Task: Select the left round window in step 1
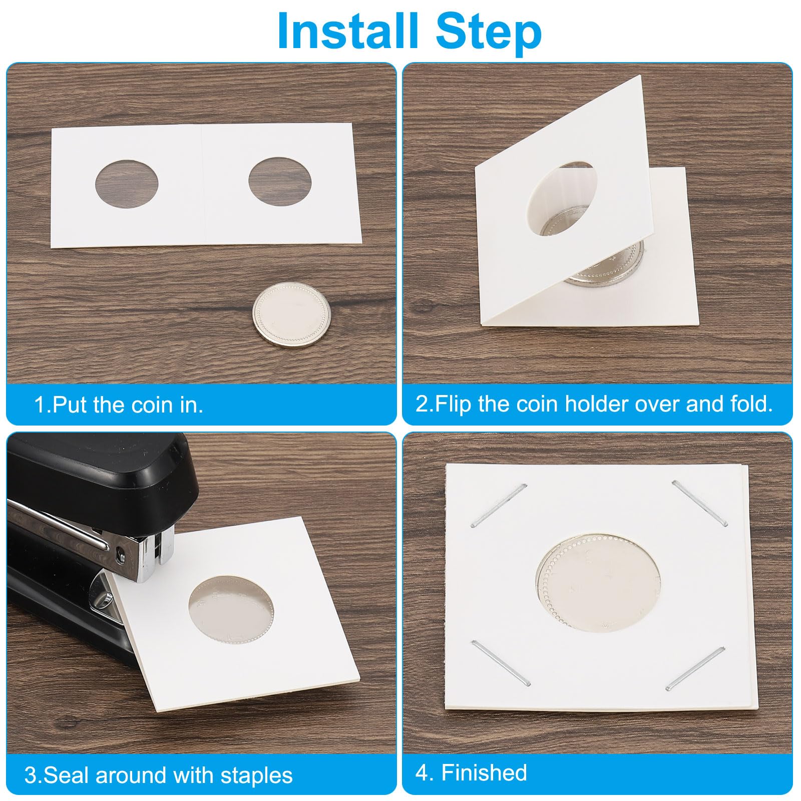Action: pyautogui.click(x=127, y=183)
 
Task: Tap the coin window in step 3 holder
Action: pyautogui.click(x=231, y=609)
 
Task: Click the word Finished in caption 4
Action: pyautogui.click(x=484, y=772)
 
